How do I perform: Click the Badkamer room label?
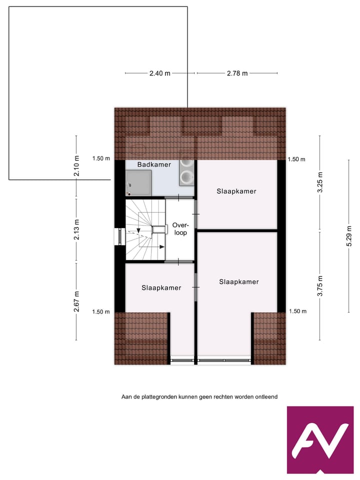154,164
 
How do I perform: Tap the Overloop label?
179,228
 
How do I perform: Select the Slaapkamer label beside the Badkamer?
236,191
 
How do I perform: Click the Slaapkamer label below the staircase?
161,287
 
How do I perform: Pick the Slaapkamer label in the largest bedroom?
239,281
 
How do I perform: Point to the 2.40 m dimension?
159,73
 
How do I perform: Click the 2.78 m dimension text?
237,73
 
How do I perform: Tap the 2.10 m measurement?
76,165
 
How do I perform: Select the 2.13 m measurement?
76,229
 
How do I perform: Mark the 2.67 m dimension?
76,301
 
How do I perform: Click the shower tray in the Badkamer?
138,182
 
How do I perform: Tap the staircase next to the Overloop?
144,230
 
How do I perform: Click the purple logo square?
320,440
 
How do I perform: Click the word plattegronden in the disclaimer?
158,397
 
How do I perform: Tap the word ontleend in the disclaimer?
265,397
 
